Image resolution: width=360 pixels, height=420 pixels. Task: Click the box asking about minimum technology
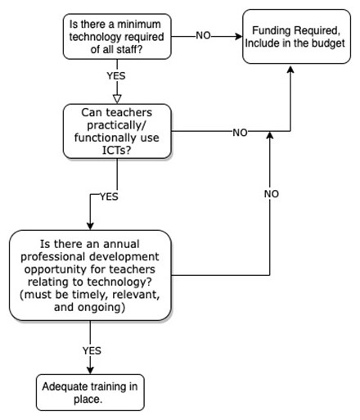117,37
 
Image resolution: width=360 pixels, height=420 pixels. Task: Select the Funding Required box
296,37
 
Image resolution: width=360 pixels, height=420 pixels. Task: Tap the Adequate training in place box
90,392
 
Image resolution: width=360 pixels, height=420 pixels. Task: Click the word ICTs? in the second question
117,150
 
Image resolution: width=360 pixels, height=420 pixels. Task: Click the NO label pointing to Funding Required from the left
203,35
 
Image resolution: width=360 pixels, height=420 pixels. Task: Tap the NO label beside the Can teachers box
240,133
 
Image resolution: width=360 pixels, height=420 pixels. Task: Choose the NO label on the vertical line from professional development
272,194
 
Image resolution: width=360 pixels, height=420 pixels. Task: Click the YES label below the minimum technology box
116,76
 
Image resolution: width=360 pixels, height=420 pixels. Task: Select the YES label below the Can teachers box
109,196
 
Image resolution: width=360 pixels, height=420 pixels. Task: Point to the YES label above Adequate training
92,350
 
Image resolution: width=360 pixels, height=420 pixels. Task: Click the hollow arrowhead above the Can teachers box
117,99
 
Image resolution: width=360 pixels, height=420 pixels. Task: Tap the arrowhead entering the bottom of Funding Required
290,69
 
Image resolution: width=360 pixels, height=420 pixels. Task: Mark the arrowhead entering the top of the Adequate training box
90,370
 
